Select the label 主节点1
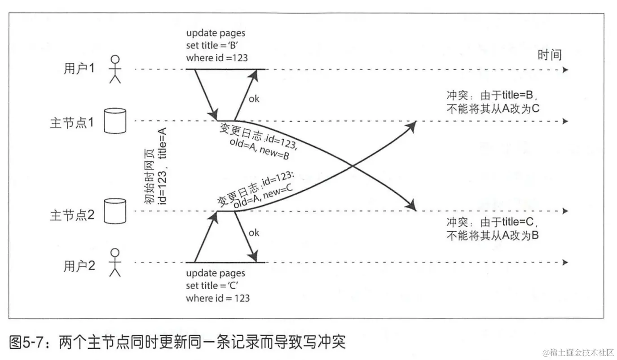(72, 122)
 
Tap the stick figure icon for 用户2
(116, 262)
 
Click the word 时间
(550, 55)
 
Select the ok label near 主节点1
(254, 99)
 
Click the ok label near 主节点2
(254, 233)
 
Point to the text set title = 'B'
(214, 45)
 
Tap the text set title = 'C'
(215, 285)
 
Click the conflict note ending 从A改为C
(493, 102)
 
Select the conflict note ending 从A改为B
(493, 228)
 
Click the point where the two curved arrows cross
(353, 167)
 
